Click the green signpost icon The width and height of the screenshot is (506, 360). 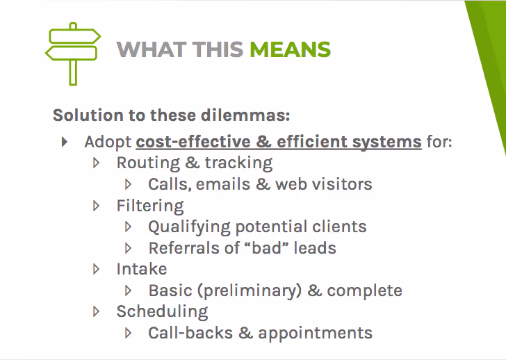pyautogui.click(x=73, y=52)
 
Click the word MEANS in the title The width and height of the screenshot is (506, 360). pyautogui.click(x=290, y=50)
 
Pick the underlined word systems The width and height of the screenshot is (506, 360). pyautogui.click(x=386, y=142)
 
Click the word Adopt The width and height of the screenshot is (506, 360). pyautogui.click(x=108, y=142)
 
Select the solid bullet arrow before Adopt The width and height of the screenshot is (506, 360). pyautogui.click(x=65, y=142)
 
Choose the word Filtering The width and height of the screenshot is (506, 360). pyautogui.click(x=150, y=206)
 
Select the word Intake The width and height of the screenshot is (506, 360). pyautogui.click(x=142, y=269)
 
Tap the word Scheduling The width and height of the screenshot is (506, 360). pyautogui.click(x=162, y=311)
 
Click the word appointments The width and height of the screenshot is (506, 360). pyautogui.click(x=315, y=333)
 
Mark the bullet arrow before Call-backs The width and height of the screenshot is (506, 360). pyautogui.click(x=129, y=333)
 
